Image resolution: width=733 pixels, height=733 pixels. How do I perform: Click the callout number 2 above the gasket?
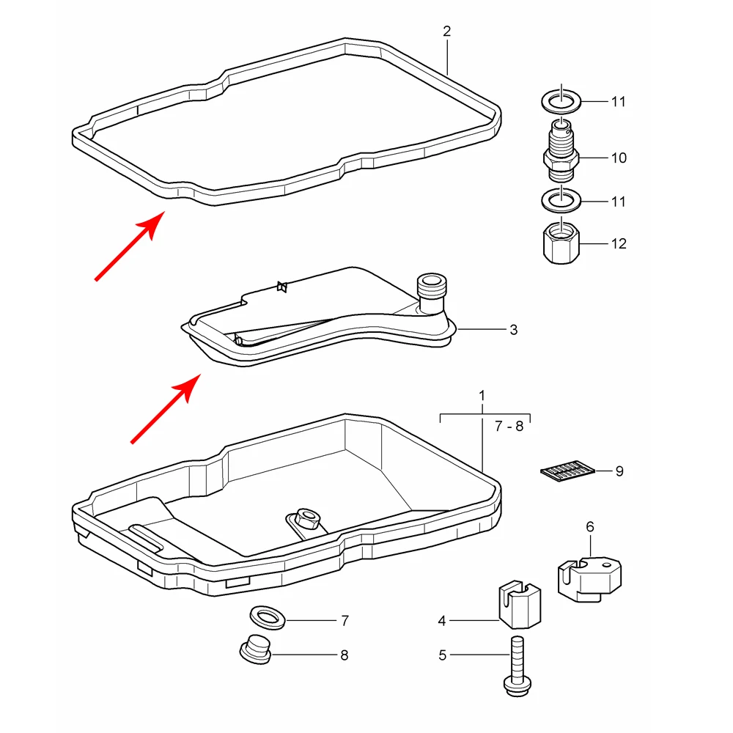click(447, 32)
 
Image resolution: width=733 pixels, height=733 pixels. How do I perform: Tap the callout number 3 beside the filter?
click(514, 330)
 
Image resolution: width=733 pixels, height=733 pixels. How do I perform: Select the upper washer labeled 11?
click(561, 101)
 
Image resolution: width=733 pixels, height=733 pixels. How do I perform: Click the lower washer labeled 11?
click(561, 201)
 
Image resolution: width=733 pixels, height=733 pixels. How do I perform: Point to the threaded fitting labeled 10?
click(561, 151)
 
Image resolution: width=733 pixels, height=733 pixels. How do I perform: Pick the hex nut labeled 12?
click(561, 242)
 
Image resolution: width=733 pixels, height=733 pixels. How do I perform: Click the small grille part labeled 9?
click(567, 471)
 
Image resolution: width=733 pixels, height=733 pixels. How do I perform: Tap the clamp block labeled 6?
click(589, 579)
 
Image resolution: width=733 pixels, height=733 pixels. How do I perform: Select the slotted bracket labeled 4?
click(520, 605)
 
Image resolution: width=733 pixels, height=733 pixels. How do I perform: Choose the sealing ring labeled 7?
click(268, 617)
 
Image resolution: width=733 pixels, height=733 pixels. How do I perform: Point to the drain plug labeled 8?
click(255, 649)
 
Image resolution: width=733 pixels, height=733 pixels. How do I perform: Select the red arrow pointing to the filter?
click(166, 408)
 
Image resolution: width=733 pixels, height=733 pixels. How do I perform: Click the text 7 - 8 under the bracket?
click(509, 427)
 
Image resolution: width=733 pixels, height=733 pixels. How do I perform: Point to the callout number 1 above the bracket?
click(482, 396)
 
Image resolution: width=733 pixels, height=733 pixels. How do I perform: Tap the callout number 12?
click(619, 243)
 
